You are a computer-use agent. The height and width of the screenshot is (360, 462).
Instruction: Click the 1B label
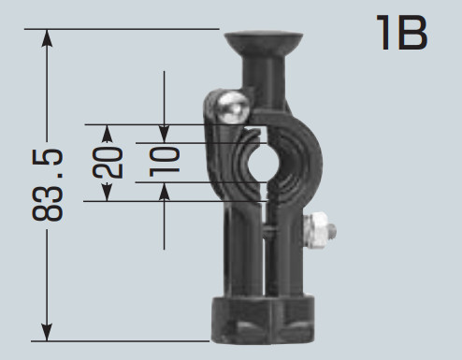pyautogui.click(x=401, y=33)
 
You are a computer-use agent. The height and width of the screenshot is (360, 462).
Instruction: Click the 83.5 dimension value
pyautogui.click(x=48, y=185)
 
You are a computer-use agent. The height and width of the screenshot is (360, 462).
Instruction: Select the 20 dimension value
pyautogui.click(x=108, y=163)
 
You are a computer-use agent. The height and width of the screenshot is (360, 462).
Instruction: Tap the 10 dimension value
pyautogui.click(x=165, y=162)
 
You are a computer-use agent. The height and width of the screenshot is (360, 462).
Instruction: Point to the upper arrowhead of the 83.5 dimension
pyautogui.click(x=47, y=38)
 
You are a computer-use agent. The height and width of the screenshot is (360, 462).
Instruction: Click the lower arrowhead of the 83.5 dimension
pyautogui.click(x=47, y=332)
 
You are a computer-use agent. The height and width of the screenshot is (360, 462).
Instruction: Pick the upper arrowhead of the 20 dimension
pyautogui.click(x=107, y=134)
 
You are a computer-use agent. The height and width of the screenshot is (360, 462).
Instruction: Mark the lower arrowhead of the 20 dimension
pyautogui.click(x=107, y=193)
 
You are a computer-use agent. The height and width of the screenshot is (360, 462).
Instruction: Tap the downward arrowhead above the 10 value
pyautogui.click(x=165, y=135)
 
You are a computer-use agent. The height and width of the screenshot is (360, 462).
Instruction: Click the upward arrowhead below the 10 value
pyautogui.click(x=165, y=191)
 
